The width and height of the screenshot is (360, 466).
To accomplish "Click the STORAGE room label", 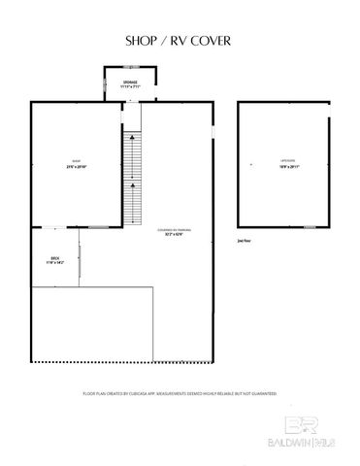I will pyautogui.click(x=130, y=82).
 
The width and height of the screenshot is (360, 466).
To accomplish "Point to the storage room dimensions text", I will pyautogui.click(x=130, y=86).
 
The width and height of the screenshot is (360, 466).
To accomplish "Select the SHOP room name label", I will pyautogui.click(x=77, y=161).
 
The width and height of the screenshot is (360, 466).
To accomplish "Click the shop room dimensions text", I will pyautogui.click(x=77, y=167).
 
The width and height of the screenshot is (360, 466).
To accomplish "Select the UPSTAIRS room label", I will pyautogui.click(x=285, y=161).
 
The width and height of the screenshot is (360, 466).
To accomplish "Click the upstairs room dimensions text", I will pyautogui.click(x=285, y=167).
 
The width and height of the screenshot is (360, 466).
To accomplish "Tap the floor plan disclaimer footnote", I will pyautogui.click(x=180, y=394).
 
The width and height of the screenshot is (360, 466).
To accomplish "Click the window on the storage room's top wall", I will pyautogui.click(x=130, y=67).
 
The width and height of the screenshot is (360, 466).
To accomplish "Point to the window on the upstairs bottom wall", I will pyautogui.click(x=310, y=227).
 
